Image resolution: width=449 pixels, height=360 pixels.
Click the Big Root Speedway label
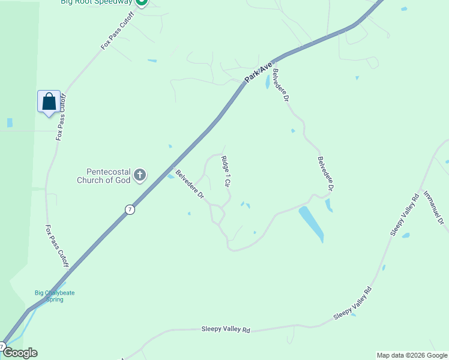click(x=96, y=2)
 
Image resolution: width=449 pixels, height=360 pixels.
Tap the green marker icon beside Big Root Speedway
click(x=141, y=2)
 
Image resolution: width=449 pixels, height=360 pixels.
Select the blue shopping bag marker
click(x=49, y=101)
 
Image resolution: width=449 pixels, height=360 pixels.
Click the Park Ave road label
click(x=259, y=72)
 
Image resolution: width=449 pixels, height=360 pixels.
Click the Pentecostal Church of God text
click(x=103, y=176)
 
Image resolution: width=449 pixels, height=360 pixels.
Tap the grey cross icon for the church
click(x=140, y=175)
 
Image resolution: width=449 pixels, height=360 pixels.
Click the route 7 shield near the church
click(x=130, y=209)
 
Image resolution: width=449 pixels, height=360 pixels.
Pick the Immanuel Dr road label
click(x=433, y=208)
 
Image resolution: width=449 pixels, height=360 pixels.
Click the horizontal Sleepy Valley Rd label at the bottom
click(x=226, y=329)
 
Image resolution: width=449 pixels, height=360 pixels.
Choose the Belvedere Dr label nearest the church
click(x=190, y=185)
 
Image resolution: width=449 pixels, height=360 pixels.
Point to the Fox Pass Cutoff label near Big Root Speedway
click(x=117, y=30)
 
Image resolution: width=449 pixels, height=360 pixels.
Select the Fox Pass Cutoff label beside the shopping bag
click(x=61, y=118)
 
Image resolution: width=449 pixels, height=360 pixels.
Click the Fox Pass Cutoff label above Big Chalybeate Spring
click(x=57, y=247)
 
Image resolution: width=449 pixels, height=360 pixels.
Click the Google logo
click(x=19, y=353)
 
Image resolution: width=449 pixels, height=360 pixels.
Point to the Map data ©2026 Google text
click(x=411, y=355)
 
